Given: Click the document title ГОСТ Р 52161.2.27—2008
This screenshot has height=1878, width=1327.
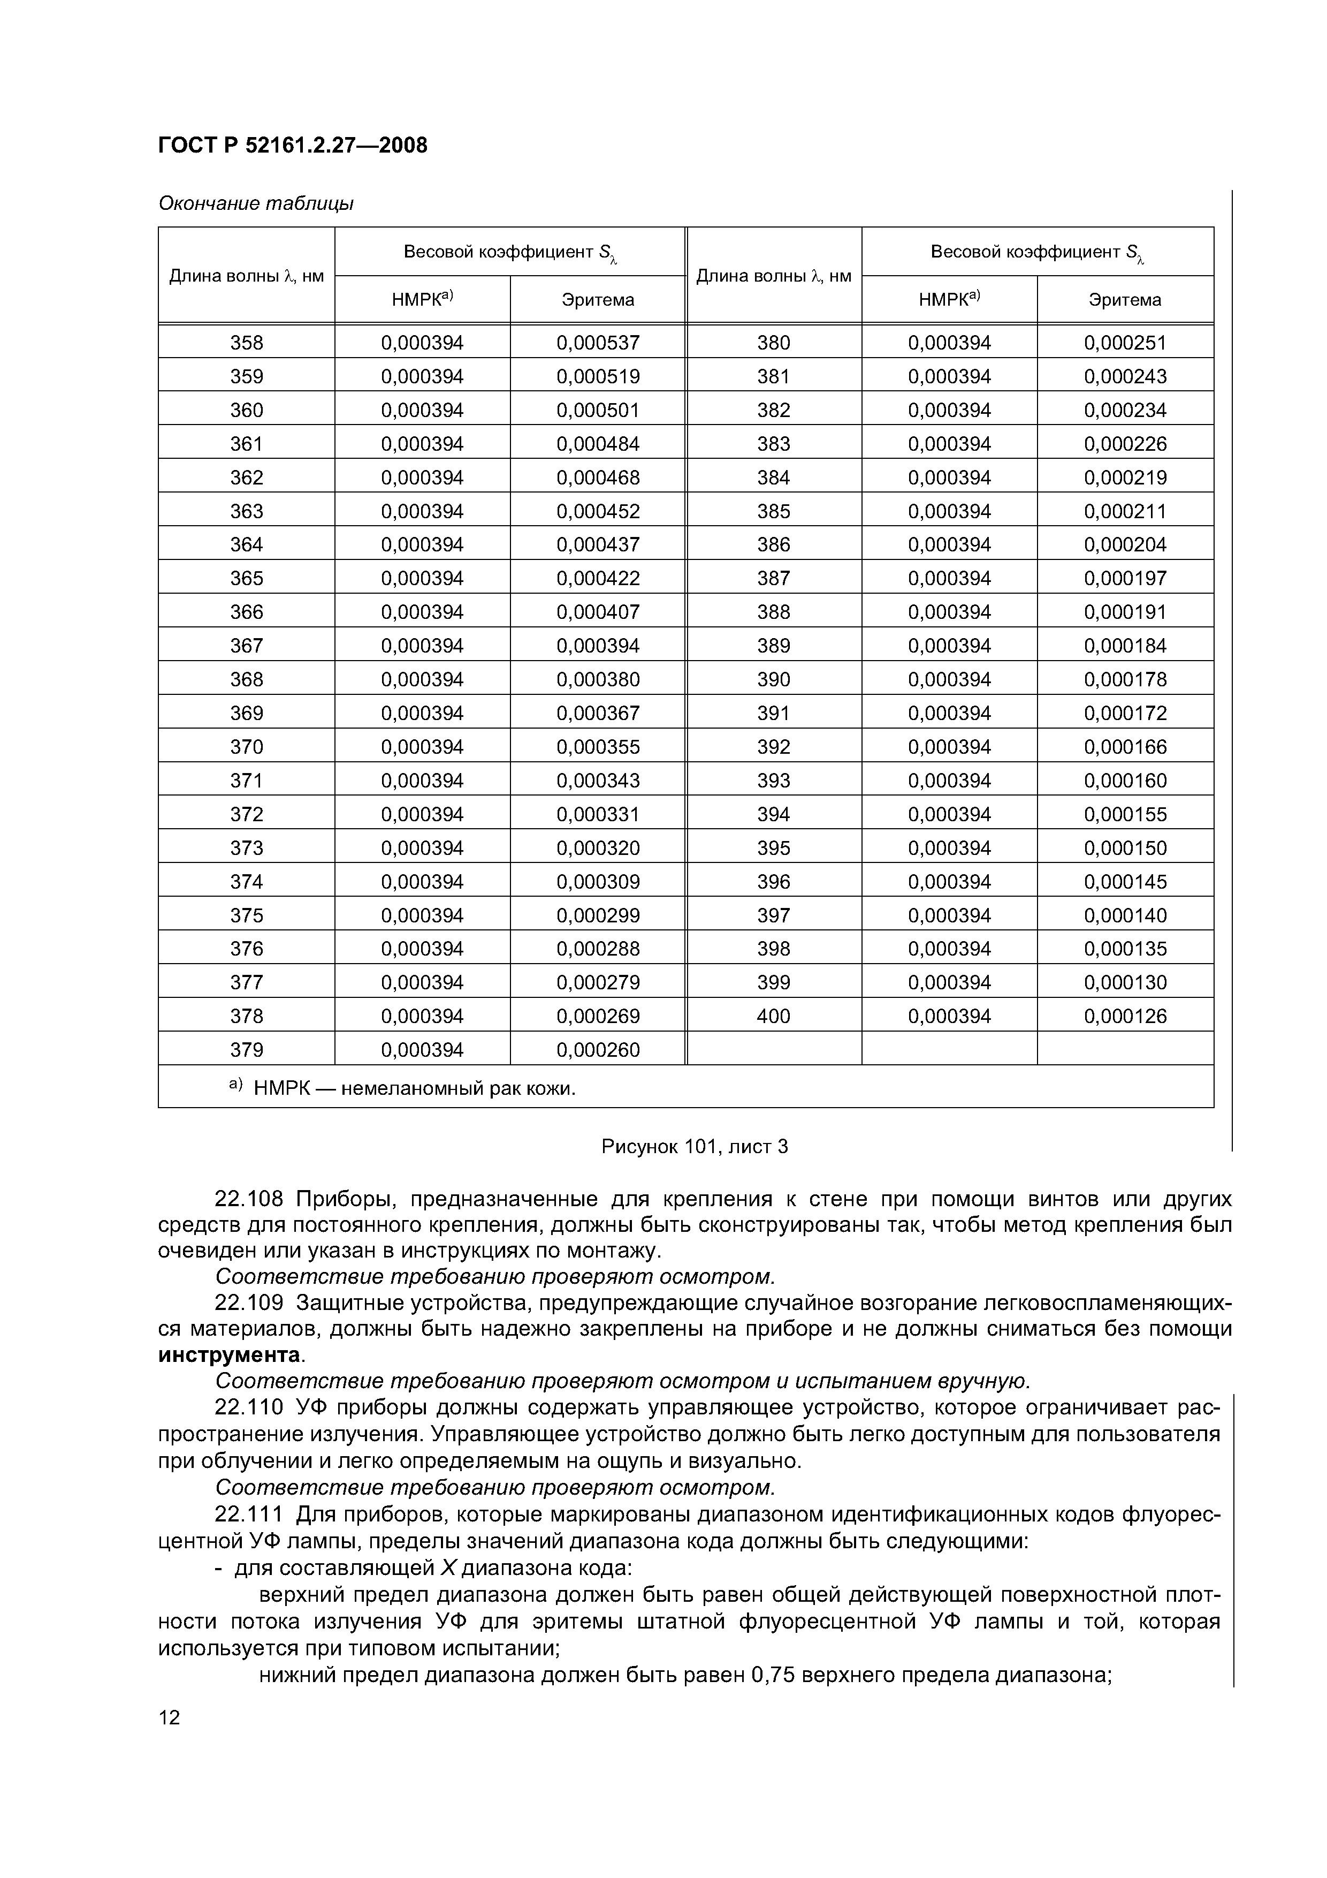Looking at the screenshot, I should point(292,146).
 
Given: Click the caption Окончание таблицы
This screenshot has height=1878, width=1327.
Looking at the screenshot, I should point(255,203).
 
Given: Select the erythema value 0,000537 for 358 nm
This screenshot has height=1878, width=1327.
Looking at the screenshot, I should point(598,343).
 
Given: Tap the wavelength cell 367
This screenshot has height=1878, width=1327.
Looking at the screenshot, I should point(246,645).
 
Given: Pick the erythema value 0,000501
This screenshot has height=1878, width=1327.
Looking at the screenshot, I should point(598,410).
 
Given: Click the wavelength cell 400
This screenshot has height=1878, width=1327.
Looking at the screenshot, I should point(774,1016).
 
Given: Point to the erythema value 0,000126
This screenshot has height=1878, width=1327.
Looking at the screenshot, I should point(1125,1016).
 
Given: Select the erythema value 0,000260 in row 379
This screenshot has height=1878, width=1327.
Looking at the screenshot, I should point(598,1049).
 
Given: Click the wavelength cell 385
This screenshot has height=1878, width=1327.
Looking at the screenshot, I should point(774,511).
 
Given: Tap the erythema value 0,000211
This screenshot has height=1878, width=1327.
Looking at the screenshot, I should point(1125,511).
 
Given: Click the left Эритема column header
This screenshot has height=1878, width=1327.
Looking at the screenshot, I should point(598,300).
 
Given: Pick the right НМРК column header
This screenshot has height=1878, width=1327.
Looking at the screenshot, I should point(949,299).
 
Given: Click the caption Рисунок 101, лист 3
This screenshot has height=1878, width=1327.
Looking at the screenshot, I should point(694,1147).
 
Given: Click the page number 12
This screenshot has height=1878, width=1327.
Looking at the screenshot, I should point(169,1717).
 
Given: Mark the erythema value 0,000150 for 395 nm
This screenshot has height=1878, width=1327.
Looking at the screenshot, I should point(1125,847).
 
